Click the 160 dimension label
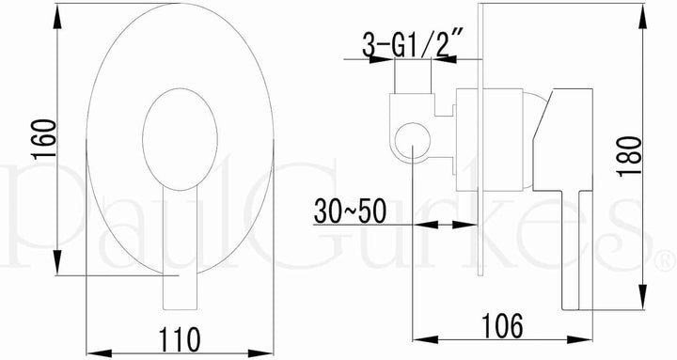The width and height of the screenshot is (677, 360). click(44, 139)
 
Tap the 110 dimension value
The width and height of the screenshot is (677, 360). click(180, 339)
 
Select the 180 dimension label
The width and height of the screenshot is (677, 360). click(630, 156)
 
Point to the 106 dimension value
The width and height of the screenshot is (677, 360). click(502, 326)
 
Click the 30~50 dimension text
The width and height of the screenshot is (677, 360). click(350, 211)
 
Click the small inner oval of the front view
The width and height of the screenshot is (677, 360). click(180, 139)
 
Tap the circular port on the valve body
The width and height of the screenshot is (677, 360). click(413, 140)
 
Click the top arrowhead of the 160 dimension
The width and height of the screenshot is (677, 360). click(57, 16)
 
